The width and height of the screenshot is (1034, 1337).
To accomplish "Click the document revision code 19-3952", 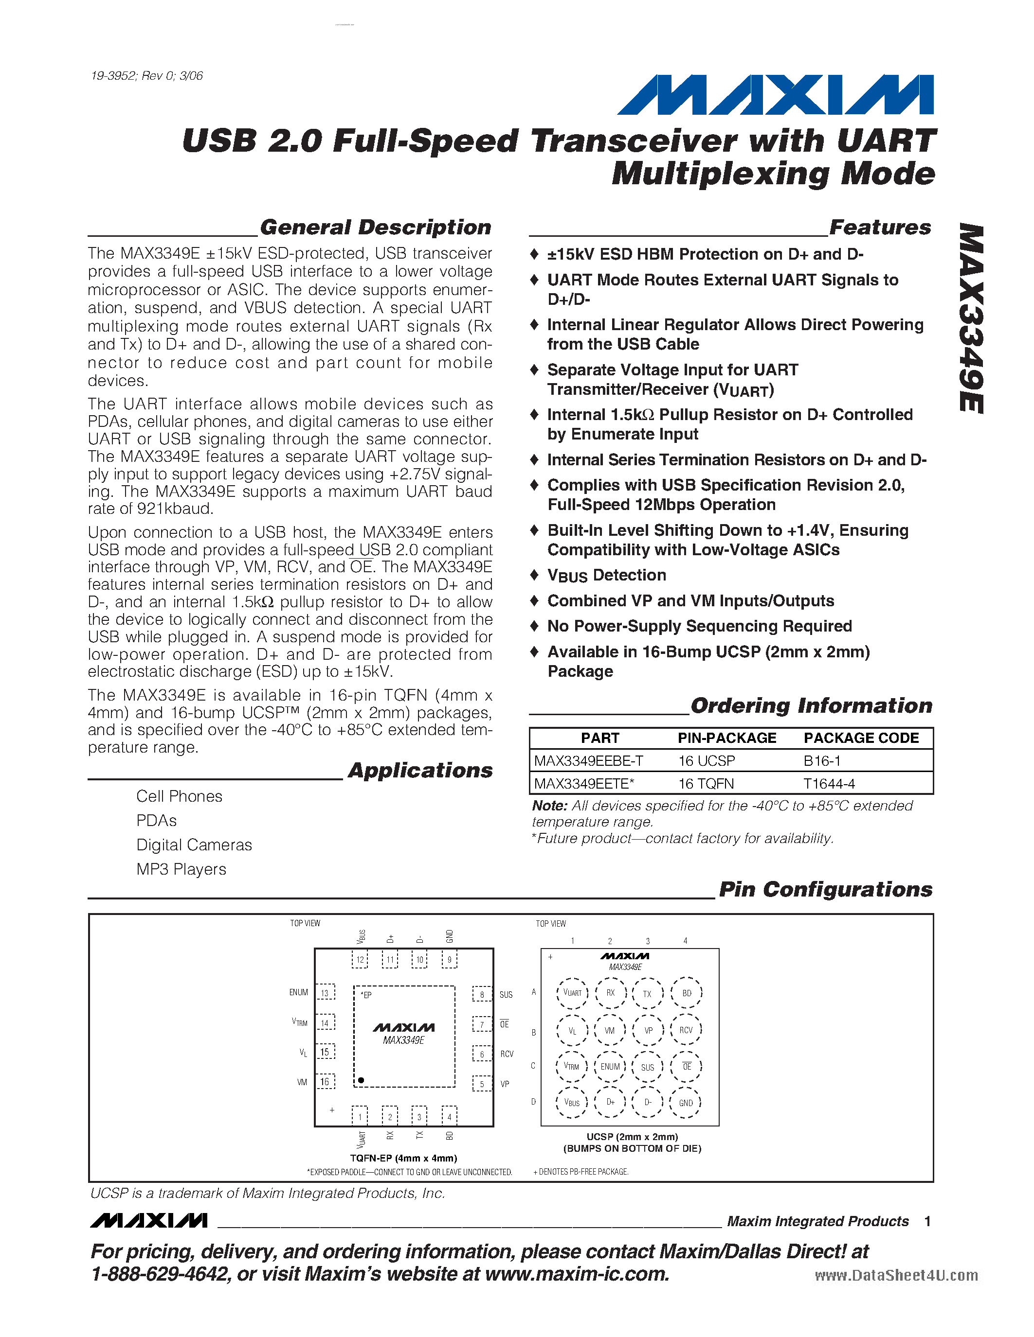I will (x=114, y=76).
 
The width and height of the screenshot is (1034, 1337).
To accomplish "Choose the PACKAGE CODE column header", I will (x=861, y=738).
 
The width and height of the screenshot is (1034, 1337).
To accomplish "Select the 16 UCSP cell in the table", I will (x=706, y=760).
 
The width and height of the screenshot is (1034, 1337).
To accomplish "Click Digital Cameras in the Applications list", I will (x=194, y=845).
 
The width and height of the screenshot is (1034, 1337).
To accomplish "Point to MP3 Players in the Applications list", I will (x=181, y=869).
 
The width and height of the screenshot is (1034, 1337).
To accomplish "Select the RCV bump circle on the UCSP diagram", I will (x=686, y=1030).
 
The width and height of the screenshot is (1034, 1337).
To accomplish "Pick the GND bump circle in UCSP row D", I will (x=686, y=1103).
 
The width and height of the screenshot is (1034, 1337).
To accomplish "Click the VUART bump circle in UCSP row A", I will (x=572, y=993).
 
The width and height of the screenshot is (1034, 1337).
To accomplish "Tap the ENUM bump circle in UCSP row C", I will (x=610, y=1066).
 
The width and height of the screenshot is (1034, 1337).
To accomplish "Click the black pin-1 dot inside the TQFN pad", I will (x=362, y=1080).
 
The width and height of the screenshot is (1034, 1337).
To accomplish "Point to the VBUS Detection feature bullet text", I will (x=606, y=576).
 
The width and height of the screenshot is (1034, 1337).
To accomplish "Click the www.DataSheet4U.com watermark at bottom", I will (x=896, y=1275).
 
